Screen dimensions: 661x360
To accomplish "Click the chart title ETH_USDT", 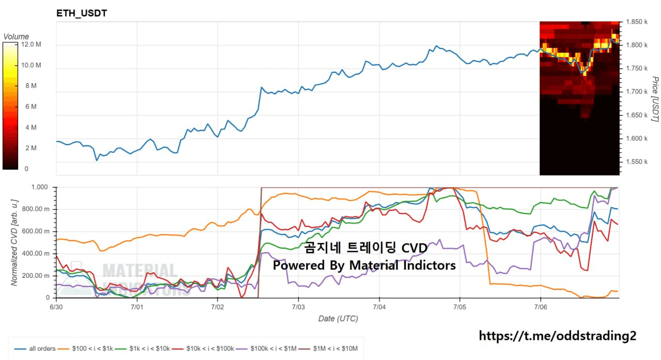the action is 82,13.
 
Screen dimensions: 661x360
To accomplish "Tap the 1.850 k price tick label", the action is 637,22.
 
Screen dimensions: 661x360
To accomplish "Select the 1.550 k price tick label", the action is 637,162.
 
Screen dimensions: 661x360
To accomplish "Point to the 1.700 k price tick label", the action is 637,92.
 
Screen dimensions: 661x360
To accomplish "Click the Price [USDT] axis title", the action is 655,99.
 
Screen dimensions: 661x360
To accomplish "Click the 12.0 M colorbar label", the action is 31,44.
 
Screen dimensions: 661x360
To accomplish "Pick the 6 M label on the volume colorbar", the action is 30,106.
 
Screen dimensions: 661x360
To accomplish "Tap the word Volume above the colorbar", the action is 16,37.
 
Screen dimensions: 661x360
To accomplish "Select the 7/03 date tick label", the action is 298,307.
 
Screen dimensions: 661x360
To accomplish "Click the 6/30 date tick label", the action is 56,307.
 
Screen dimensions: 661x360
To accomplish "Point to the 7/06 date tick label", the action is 541,307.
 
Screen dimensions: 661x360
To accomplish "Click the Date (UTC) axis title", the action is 338,319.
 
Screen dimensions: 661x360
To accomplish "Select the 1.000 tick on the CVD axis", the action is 40,187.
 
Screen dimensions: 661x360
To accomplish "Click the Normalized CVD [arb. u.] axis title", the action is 14,243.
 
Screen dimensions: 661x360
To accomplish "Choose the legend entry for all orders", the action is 35,349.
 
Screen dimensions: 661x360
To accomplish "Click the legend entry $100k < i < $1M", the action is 266,349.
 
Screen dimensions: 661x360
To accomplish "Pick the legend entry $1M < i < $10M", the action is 328,349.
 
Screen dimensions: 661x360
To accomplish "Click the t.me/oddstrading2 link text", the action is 557,336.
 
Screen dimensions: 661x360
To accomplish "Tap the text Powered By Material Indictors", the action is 364,265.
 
